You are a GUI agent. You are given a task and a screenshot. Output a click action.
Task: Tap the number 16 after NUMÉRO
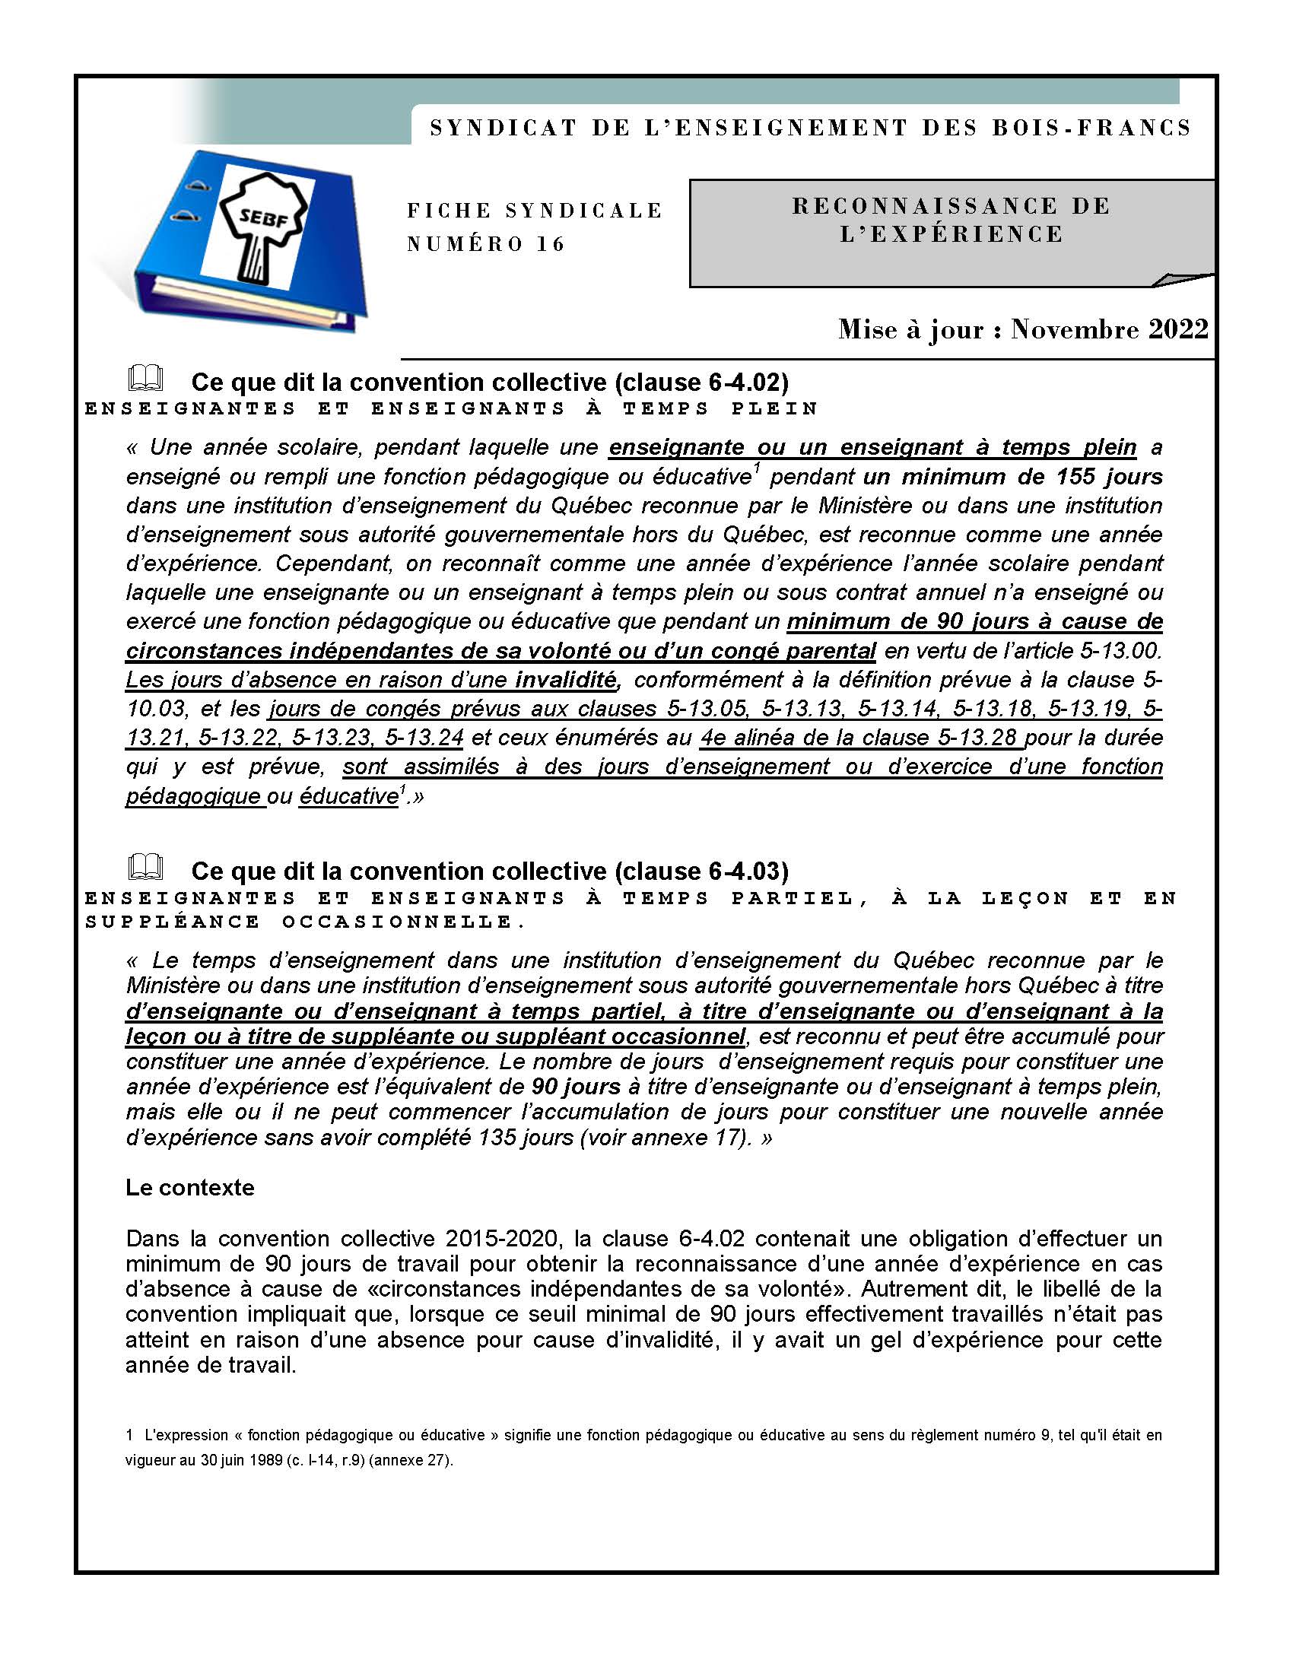(x=551, y=244)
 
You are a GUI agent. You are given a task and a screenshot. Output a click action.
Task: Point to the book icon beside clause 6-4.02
(x=145, y=379)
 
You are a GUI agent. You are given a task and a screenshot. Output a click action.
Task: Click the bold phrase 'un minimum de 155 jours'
(x=1012, y=477)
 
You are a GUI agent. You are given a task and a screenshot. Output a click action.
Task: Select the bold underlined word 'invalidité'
(x=566, y=679)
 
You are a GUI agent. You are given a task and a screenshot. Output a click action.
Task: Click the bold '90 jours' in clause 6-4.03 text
(x=575, y=1086)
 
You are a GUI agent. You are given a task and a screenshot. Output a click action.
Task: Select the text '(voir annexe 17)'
(x=666, y=1137)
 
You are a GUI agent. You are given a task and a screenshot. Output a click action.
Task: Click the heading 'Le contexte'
(x=190, y=1187)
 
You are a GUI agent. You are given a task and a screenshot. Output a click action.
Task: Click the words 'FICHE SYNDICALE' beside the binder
(x=534, y=211)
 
